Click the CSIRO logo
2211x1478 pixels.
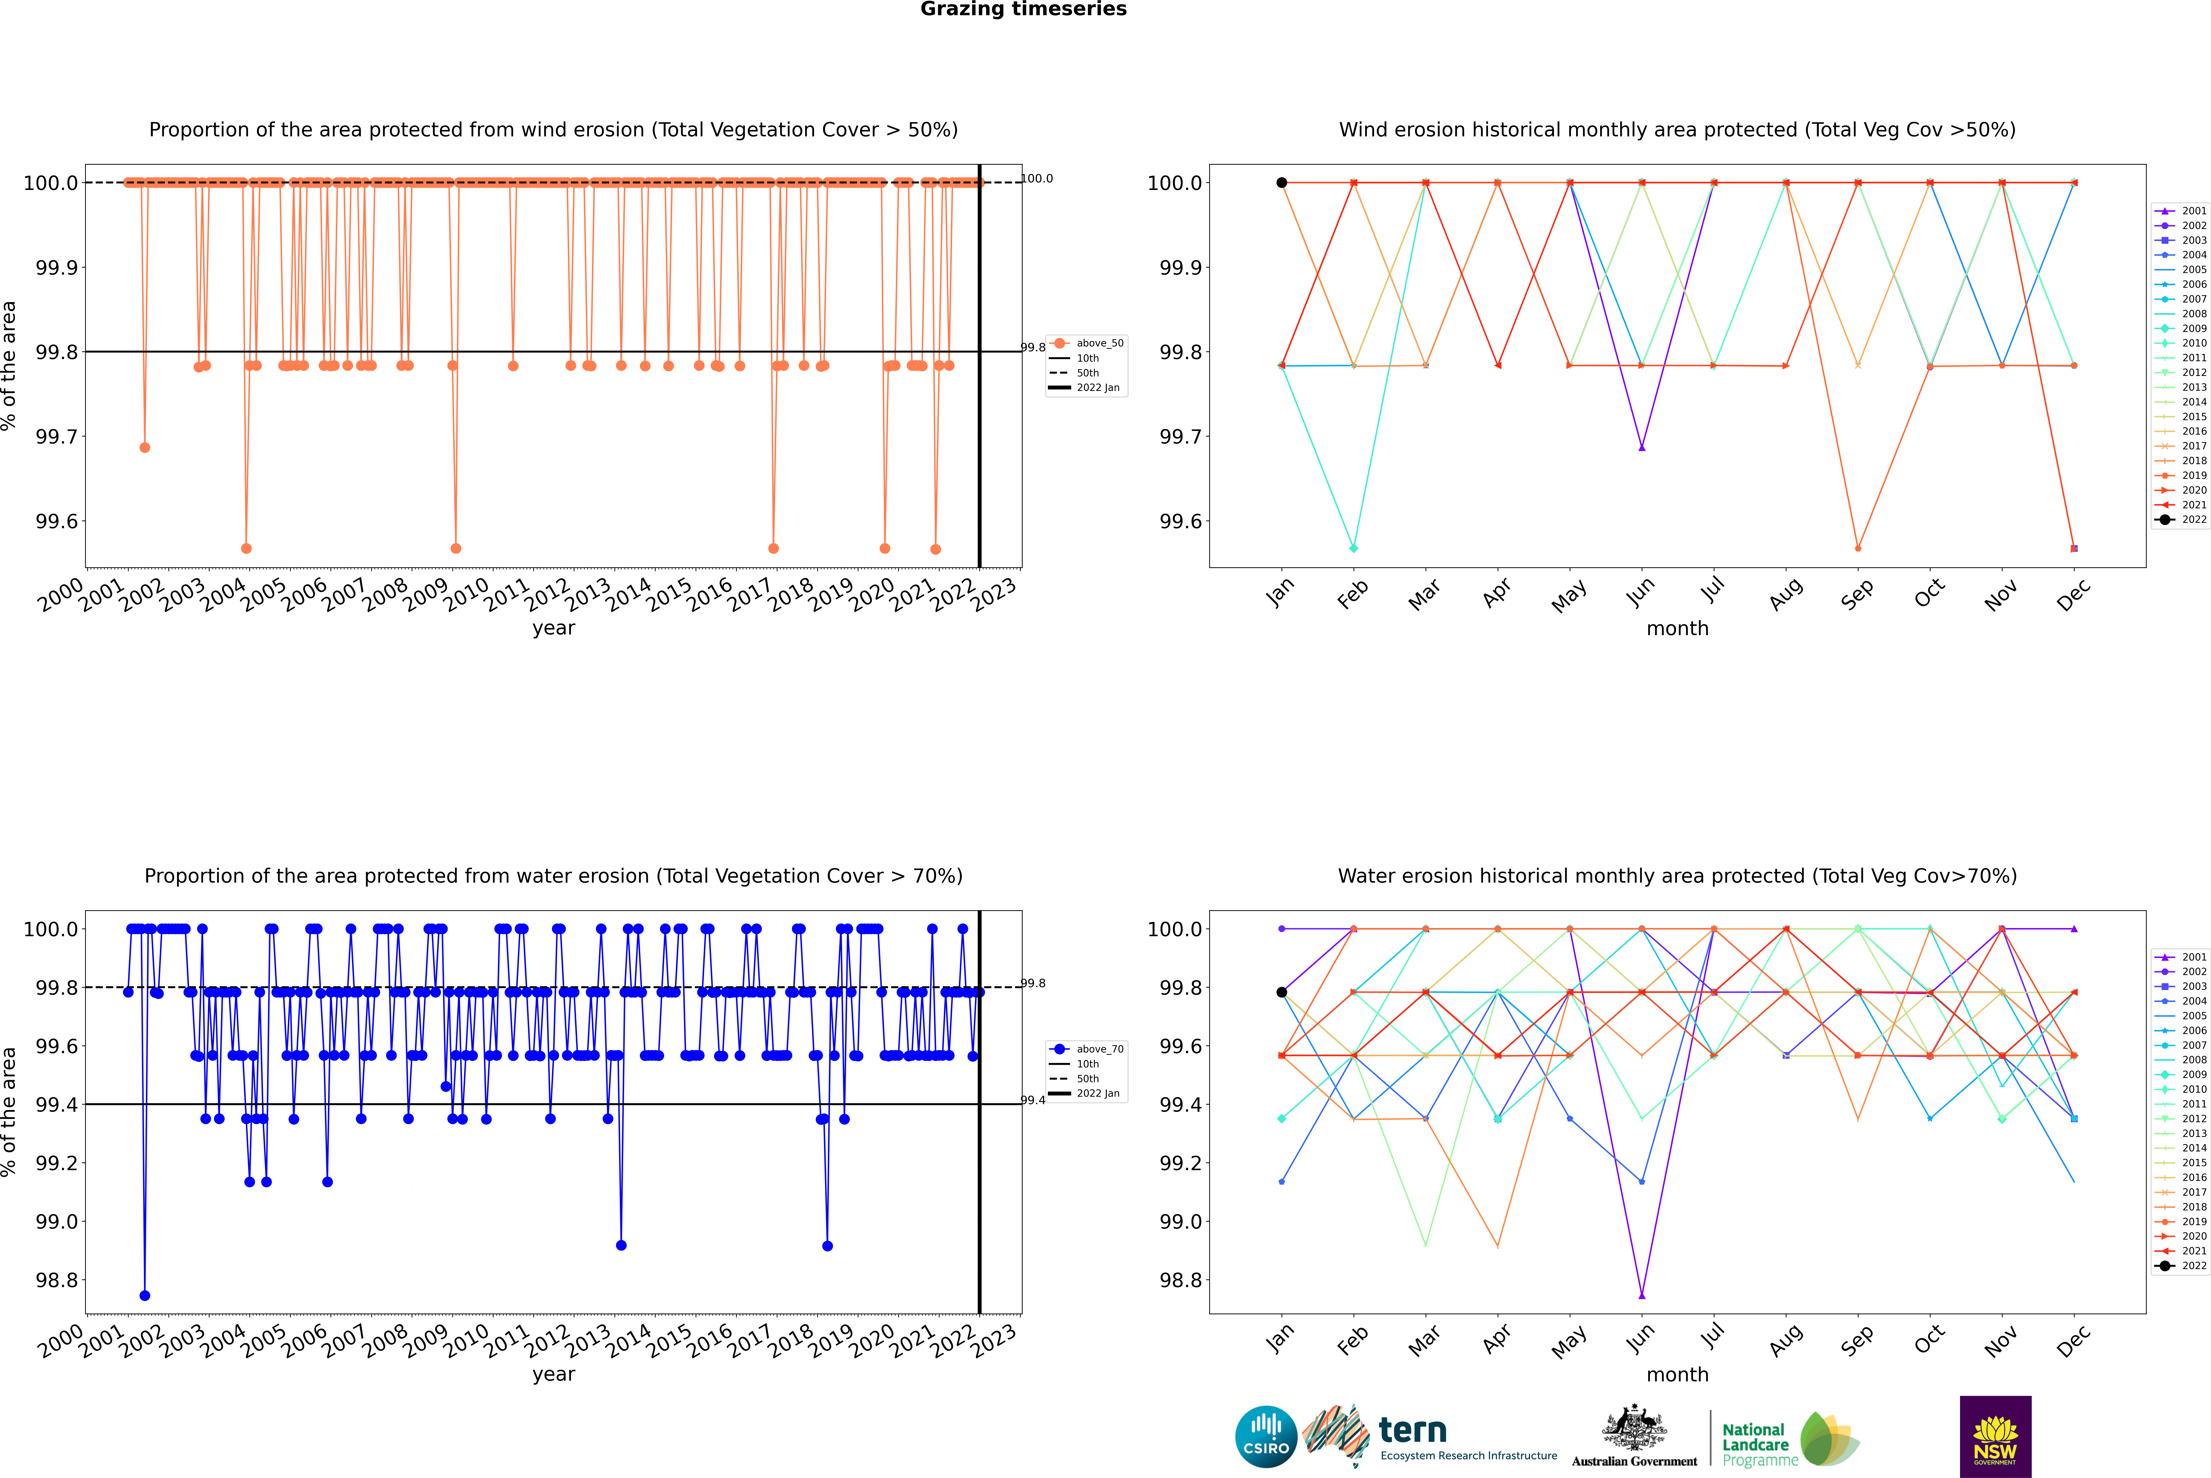click(x=1266, y=1437)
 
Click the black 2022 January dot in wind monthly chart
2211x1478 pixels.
click(x=1282, y=183)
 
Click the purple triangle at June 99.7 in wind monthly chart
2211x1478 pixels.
click(x=1642, y=448)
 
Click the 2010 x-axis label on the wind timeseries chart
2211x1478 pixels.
click(x=466, y=595)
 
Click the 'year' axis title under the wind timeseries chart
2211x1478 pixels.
click(x=553, y=628)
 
